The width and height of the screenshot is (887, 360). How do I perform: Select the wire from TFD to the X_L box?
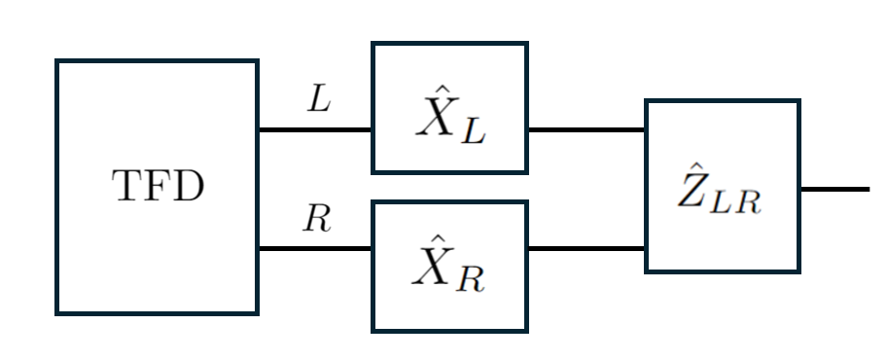[x=314, y=128]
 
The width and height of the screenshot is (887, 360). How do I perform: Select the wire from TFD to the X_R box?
[x=314, y=248]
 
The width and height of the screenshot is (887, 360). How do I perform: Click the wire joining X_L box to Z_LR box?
[x=585, y=128]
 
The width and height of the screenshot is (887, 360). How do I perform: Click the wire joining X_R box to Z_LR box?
[x=585, y=248]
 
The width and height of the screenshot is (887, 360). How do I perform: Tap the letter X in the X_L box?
[x=434, y=118]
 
